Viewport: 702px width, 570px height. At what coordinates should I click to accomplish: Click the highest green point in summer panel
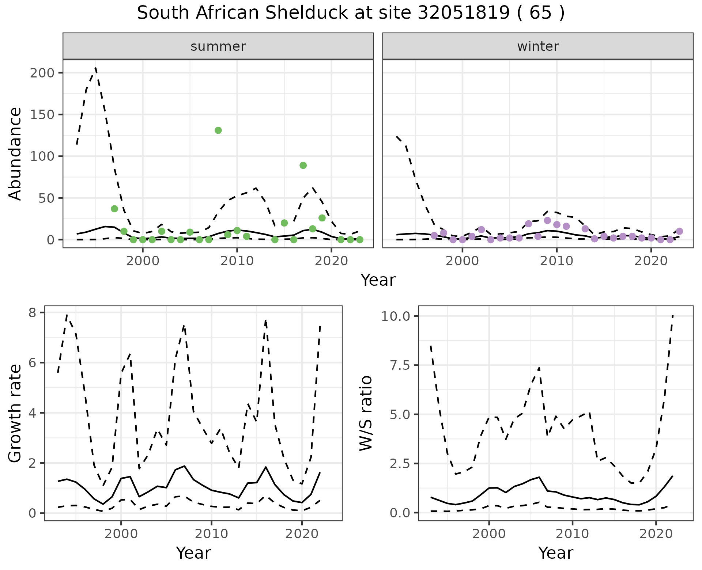point(218,130)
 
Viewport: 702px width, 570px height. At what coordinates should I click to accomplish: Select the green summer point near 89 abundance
point(303,166)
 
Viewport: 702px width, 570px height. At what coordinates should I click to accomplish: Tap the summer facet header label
point(218,46)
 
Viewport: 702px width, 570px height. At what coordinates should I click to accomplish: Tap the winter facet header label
point(538,46)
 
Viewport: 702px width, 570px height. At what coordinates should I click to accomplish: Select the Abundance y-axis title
point(15,154)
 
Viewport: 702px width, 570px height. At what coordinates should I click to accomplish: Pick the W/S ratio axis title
point(366,413)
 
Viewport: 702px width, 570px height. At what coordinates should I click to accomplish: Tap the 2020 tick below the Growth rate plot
point(302,534)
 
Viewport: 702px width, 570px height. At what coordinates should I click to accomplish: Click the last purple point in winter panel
point(679,231)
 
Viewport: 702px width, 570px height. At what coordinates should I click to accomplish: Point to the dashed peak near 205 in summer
point(96,68)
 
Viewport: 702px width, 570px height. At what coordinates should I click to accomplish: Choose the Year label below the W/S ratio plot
point(555,553)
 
